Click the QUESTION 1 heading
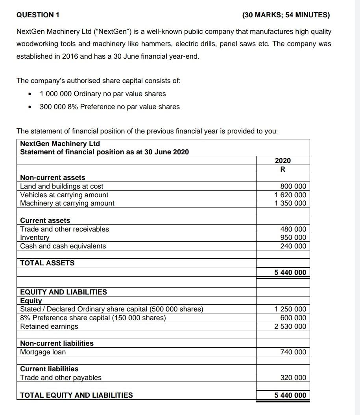38,15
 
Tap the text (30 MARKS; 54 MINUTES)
286,15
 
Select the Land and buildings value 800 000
293,186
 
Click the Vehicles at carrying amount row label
64,195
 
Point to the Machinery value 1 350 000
290,203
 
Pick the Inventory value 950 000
293,237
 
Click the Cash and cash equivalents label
63,246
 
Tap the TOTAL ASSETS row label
47,263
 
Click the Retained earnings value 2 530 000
290,326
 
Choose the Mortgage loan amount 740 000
293,352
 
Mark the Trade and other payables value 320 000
293,378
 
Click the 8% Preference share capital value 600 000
293,318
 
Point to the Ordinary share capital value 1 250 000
290,309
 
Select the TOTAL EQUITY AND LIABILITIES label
76,395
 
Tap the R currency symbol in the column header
282,169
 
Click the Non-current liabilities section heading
57,343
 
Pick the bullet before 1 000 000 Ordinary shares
30,94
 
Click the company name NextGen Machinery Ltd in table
60,144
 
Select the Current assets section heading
45,220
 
